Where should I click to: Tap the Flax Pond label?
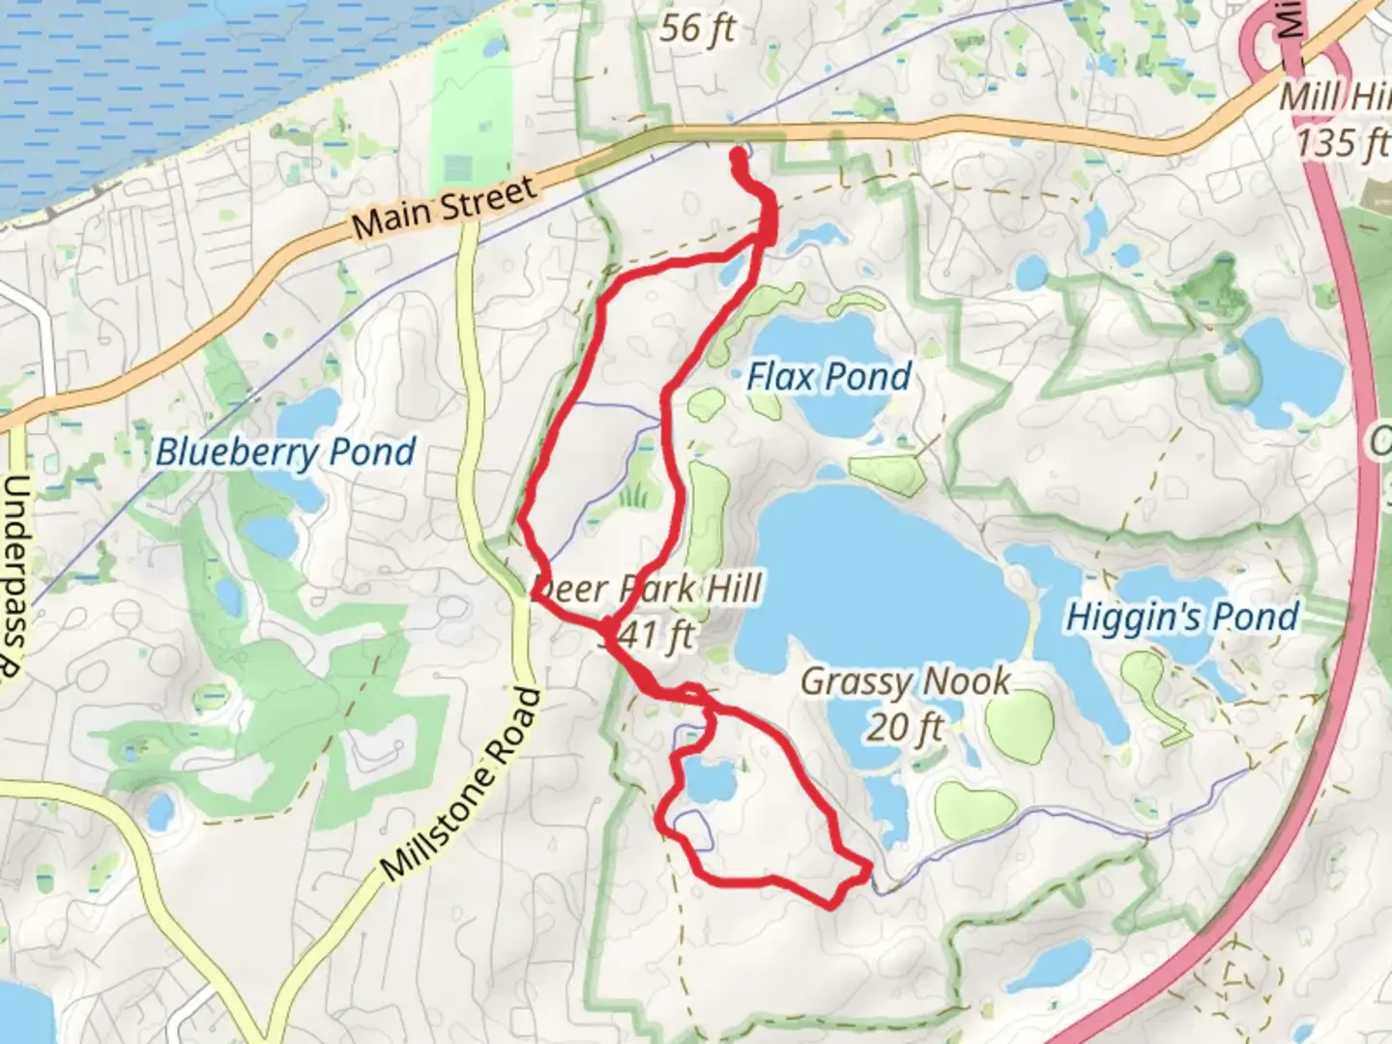click(x=828, y=376)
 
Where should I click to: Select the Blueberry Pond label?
click(x=286, y=451)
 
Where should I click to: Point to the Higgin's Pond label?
click(x=1181, y=616)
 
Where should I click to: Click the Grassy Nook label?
click(x=906, y=681)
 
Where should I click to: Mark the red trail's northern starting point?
click(x=739, y=153)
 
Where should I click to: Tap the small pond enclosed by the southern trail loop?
click(x=709, y=779)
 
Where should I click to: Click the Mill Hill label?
click(x=1334, y=98)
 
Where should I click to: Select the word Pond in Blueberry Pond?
click(x=372, y=450)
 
